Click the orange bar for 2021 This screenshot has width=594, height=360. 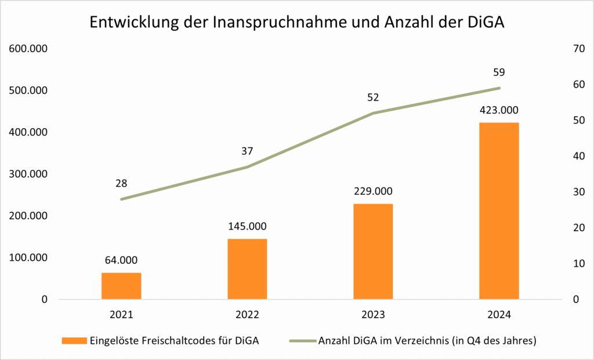(x=121, y=286)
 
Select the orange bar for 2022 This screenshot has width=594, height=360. (x=247, y=269)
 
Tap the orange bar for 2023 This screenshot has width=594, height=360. (x=373, y=252)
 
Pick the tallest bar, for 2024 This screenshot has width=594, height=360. (x=499, y=211)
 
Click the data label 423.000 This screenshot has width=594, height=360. (x=499, y=110)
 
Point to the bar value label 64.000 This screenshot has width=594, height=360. (x=121, y=260)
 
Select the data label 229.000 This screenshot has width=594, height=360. (x=373, y=191)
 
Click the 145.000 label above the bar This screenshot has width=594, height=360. (x=247, y=226)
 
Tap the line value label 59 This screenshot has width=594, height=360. (x=499, y=72)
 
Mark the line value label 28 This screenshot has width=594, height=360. (x=121, y=183)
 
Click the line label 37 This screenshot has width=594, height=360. (x=247, y=151)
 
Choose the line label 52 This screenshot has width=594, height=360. (x=373, y=97)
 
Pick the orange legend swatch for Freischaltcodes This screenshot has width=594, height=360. (x=74, y=341)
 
